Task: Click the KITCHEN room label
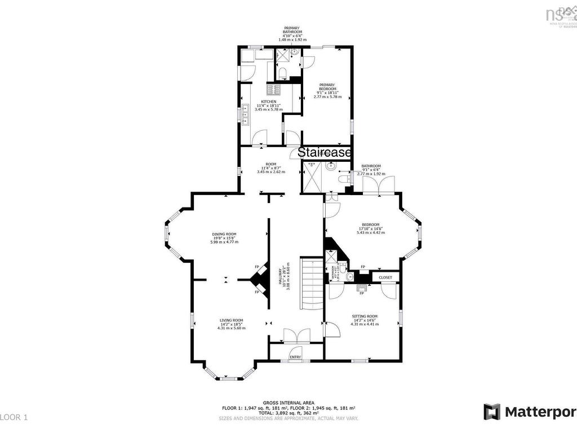[268, 101]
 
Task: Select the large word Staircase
[325, 153]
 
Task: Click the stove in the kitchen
[273, 89]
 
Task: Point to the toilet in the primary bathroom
[285, 72]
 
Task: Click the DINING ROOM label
[224, 234]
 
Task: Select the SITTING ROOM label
[365, 316]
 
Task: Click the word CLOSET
[385, 277]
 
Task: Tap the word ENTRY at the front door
[295, 357]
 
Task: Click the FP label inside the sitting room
[362, 293]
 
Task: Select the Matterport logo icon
[491, 412]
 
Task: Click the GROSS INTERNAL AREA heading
[288, 403]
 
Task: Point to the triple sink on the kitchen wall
[246, 113]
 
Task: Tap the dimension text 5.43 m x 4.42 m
[370, 232]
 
